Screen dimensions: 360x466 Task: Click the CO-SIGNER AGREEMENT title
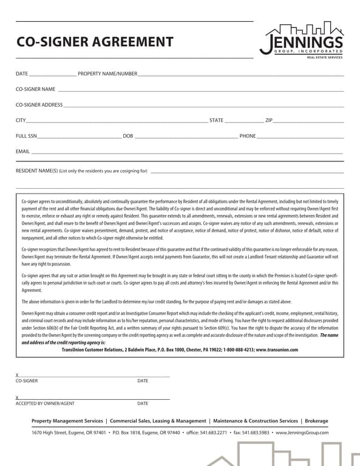click(94, 42)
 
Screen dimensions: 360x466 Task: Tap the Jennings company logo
click(301, 39)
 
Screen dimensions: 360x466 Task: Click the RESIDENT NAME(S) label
click(81, 171)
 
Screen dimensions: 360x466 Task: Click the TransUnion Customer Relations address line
click(180, 349)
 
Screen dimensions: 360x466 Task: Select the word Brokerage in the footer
click(316, 421)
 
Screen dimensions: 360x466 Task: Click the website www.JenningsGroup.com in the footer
click(302, 433)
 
